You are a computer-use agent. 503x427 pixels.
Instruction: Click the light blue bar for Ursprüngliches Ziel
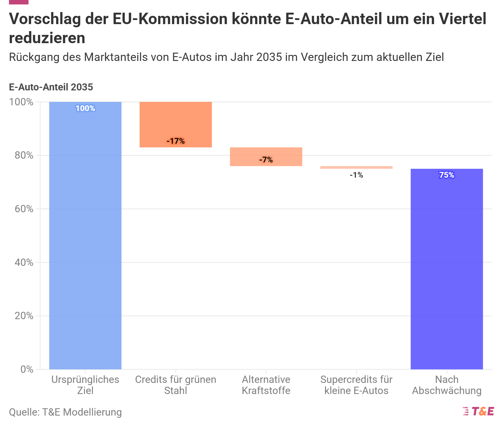pos(85,235)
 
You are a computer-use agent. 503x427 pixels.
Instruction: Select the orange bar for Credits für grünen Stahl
pos(176,125)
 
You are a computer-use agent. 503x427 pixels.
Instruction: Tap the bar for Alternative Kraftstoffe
pos(266,157)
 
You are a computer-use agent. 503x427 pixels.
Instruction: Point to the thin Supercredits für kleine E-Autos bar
pos(356,168)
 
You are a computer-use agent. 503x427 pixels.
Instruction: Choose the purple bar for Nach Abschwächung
pos(447,269)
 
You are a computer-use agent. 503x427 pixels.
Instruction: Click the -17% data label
pos(176,141)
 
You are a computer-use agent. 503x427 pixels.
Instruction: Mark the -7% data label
pos(266,160)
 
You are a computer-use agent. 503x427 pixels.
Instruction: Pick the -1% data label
pos(356,175)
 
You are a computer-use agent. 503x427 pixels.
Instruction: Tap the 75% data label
pos(447,175)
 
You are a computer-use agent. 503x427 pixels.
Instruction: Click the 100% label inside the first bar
pos(85,108)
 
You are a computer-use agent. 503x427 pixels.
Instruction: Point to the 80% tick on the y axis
pos(24,155)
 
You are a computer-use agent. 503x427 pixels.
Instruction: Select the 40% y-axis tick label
pos(24,262)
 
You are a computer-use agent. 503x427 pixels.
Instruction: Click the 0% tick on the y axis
pos(27,369)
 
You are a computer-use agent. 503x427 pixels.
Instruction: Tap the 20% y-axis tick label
pos(24,316)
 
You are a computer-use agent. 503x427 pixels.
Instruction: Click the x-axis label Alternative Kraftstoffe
pos(266,385)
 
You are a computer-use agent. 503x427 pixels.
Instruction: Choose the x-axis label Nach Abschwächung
pos(447,385)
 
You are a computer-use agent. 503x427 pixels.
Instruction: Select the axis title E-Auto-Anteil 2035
pos(51,87)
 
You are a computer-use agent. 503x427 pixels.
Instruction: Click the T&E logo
pos(478,411)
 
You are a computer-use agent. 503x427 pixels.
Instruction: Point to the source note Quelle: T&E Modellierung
pos(65,412)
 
